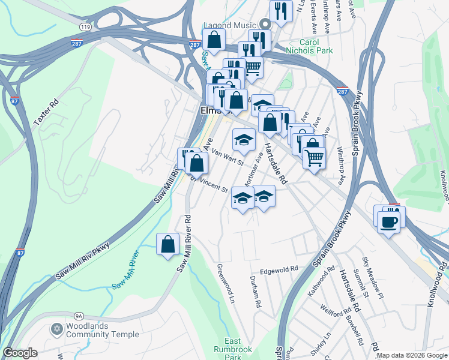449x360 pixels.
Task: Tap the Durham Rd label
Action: tap(256, 295)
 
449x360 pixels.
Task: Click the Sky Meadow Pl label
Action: tap(372, 278)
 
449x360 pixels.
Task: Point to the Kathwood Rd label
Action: tap(321, 284)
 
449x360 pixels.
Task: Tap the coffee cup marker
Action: tap(389, 221)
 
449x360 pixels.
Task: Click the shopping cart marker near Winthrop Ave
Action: tap(314, 158)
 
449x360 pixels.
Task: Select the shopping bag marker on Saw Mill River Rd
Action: tap(168, 244)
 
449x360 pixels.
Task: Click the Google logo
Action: tap(20, 353)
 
